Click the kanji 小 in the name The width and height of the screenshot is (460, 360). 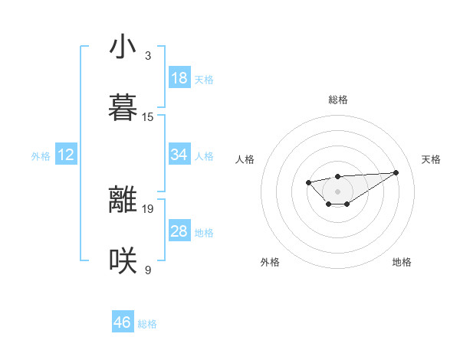pos(123,47)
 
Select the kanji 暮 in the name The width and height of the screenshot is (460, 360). pos(123,109)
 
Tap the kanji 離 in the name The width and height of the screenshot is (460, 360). pos(123,200)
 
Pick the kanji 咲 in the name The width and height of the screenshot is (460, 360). pos(123,261)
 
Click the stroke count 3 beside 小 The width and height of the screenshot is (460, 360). pos(148,56)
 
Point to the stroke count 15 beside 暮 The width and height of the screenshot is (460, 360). pos(148,117)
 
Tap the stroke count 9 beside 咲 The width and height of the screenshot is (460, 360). pos(148,270)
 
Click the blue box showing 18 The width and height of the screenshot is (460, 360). pos(179,78)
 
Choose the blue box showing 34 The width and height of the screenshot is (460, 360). pos(179,155)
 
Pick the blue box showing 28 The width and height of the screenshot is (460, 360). pos(179,231)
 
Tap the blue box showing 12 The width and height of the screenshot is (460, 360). pos(66,155)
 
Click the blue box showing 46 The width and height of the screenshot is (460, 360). pos(123,322)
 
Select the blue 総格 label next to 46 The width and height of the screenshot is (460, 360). pos(147,324)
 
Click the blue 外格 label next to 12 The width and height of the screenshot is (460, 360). pos(41,156)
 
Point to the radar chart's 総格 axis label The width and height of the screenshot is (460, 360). pos(337,100)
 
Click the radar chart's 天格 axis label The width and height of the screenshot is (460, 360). pos(431,159)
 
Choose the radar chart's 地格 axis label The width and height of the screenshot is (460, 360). pos(402,262)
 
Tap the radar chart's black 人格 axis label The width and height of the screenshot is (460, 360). pos(245,159)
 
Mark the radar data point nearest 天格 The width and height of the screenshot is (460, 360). pos(396,172)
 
